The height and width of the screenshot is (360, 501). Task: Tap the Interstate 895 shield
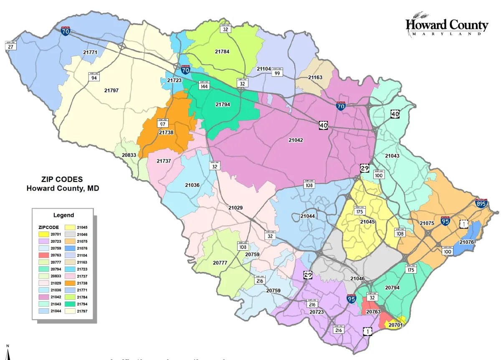(481, 203)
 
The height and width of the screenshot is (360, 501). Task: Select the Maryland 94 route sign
(94, 77)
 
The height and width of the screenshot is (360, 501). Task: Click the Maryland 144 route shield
(204, 85)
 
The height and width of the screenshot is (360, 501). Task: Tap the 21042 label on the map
(296, 140)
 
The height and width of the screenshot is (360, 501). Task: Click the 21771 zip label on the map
(90, 53)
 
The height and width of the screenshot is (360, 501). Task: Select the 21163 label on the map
(315, 78)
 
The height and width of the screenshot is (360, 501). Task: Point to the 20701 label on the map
(395, 325)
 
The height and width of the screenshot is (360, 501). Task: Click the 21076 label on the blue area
(467, 242)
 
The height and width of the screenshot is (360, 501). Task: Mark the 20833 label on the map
(129, 155)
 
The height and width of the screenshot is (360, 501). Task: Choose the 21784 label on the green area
(222, 52)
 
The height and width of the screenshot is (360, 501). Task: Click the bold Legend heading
(63, 215)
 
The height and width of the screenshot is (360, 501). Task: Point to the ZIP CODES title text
(62, 179)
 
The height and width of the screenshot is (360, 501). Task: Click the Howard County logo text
(446, 25)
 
